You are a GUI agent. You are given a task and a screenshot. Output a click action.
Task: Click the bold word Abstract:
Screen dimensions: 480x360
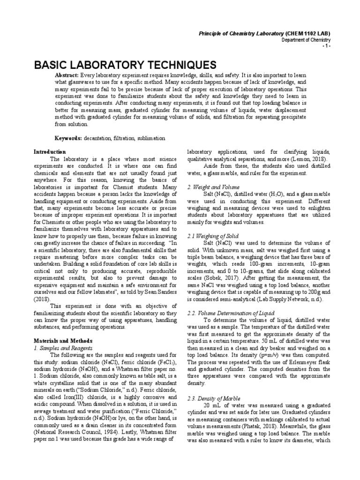(67, 75)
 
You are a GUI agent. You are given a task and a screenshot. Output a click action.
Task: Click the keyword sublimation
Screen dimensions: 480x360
(150, 139)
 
